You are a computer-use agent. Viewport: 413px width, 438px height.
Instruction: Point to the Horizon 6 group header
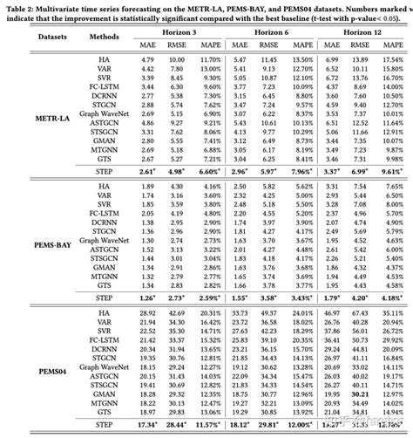[274, 31]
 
